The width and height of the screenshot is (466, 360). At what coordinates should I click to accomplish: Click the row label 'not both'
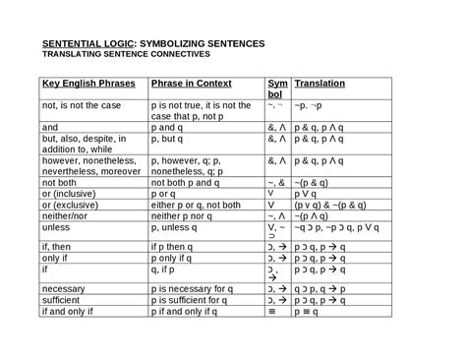coord(60,182)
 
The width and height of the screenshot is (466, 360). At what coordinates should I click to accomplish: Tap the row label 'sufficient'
coord(63,301)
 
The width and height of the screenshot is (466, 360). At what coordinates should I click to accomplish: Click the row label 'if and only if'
coord(72,312)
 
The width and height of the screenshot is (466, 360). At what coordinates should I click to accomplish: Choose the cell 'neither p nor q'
coord(184,214)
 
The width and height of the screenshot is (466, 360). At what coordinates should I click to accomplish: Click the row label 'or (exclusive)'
coord(72,204)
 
